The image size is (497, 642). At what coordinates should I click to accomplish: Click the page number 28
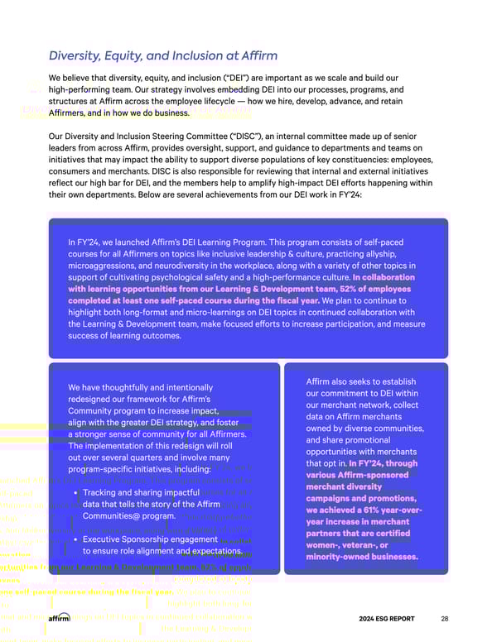pyautogui.click(x=445, y=618)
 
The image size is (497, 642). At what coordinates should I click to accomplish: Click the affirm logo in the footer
pyautogui.click(x=60, y=618)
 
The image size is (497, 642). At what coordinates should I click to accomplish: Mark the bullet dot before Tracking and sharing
pyautogui.click(x=75, y=493)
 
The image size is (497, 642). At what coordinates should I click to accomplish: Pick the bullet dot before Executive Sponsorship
pyautogui.click(x=75, y=539)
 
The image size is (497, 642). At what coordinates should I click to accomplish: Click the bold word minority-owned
pyautogui.click(x=336, y=557)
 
